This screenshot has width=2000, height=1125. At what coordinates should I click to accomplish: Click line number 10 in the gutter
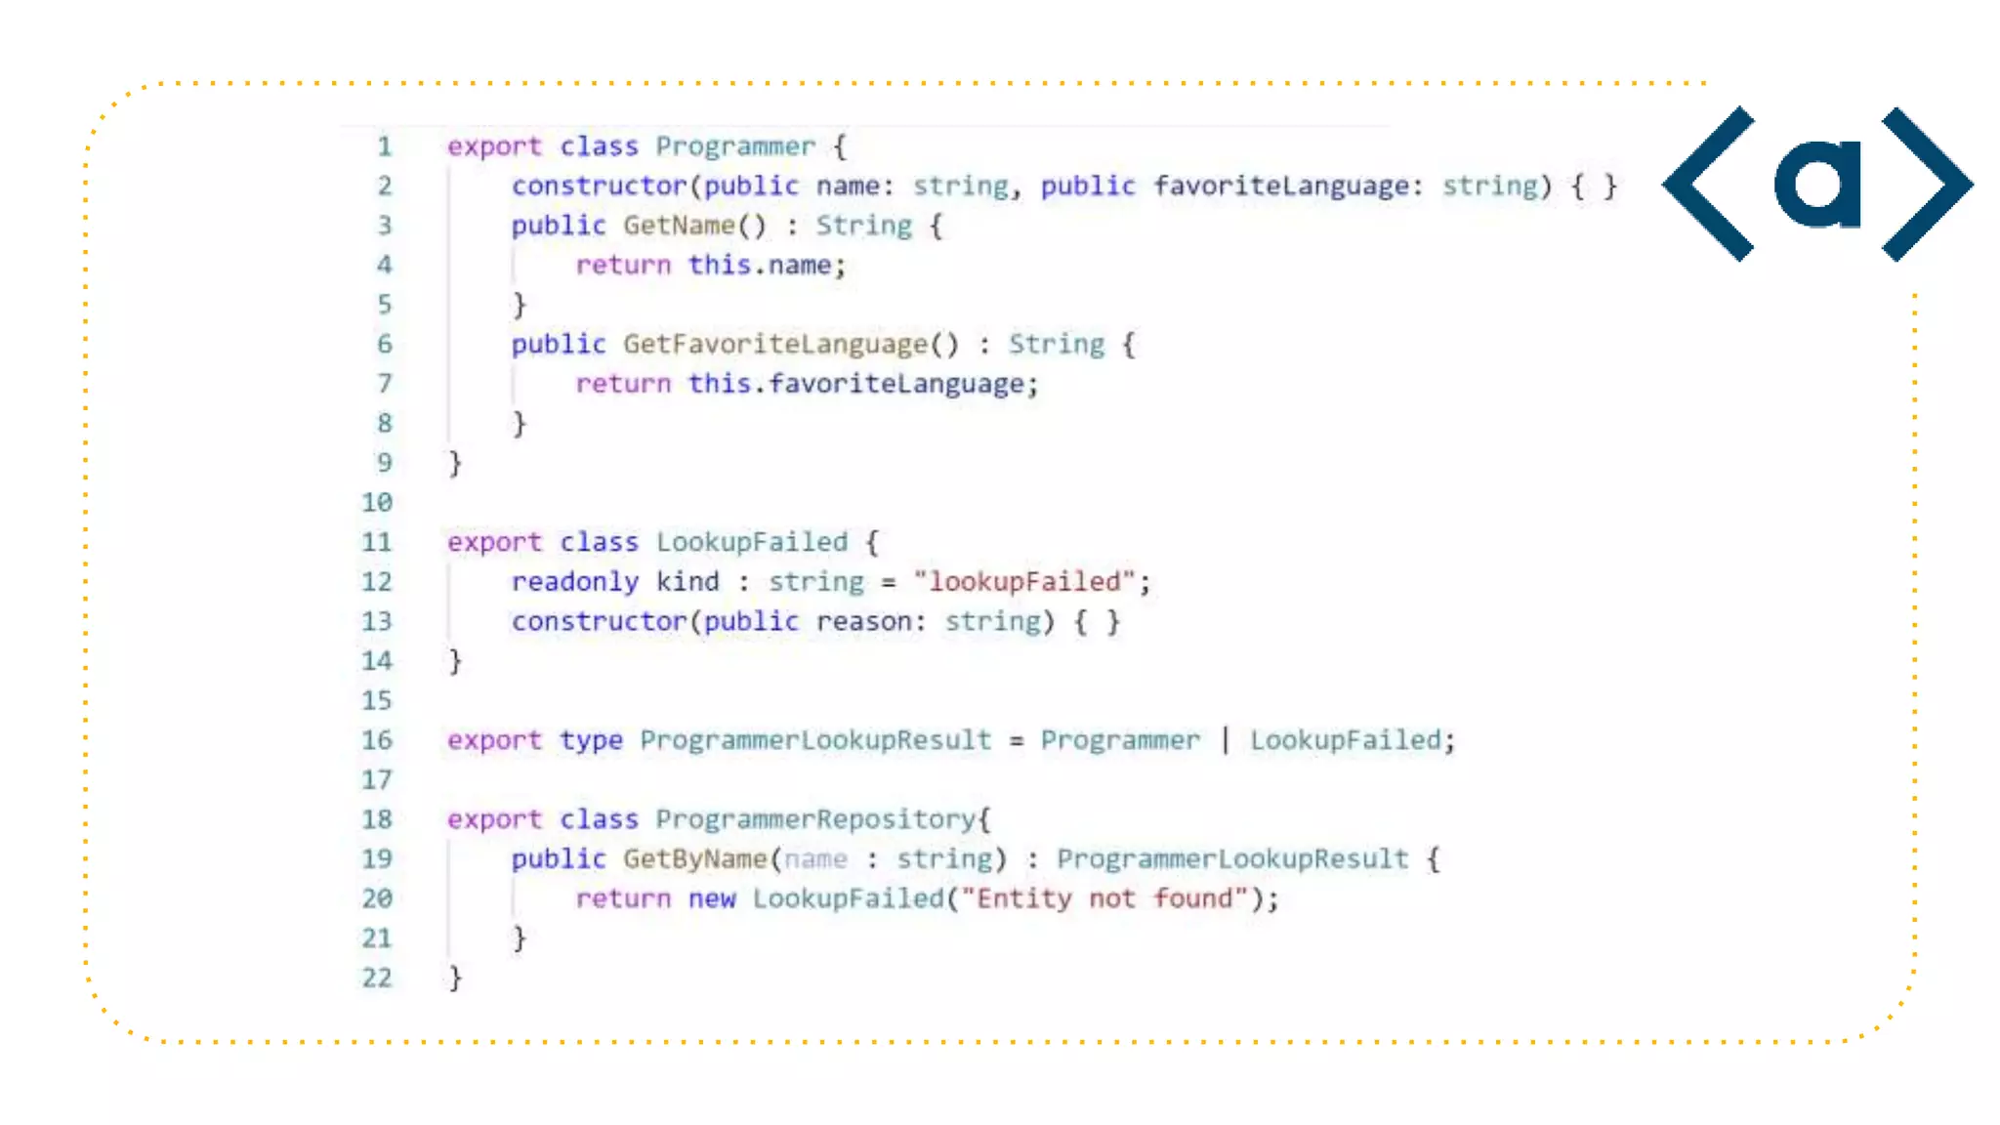pyautogui.click(x=377, y=503)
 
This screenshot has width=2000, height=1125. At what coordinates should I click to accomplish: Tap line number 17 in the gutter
pyautogui.click(x=377, y=780)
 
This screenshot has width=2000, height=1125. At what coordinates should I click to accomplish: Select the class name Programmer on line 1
pyautogui.click(x=734, y=146)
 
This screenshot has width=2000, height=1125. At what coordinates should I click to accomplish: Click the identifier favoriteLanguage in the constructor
pyautogui.click(x=1280, y=186)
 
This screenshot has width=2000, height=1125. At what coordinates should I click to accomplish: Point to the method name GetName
pyautogui.click(x=679, y=226)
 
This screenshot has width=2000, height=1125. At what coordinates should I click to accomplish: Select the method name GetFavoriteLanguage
pyautogui.click(x=775, y=345)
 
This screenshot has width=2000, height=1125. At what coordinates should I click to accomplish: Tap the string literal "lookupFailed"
pyautogui.click(x=1024, y=582)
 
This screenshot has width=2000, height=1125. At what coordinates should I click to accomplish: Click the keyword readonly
pyautogui.click(x=574, y=582)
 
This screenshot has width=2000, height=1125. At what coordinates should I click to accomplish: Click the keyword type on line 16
pyautogui.click(x=591, y=740)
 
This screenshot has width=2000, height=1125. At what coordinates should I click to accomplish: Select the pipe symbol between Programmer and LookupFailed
pyautogui.click(x=1226, y=740)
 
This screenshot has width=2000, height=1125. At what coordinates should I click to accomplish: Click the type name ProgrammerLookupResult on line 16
pyautogui.click(x=815, y=740)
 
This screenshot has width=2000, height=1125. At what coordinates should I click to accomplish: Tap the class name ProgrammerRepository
pyautogui.click(x=815, y=819)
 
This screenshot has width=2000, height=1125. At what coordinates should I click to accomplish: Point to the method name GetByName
pyautogui.click(x=694, y=859)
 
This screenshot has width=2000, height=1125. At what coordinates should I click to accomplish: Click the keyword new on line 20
pyautogui.click(x=711, y=898)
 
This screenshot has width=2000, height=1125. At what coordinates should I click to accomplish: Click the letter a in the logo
pyautogui.click(x=1817, y=184)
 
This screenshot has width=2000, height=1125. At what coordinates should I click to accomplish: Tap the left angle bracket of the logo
pyautogui.click(x=1710, y=184)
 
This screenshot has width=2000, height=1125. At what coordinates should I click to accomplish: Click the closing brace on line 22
pyautogui.click(x=455, y=978)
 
